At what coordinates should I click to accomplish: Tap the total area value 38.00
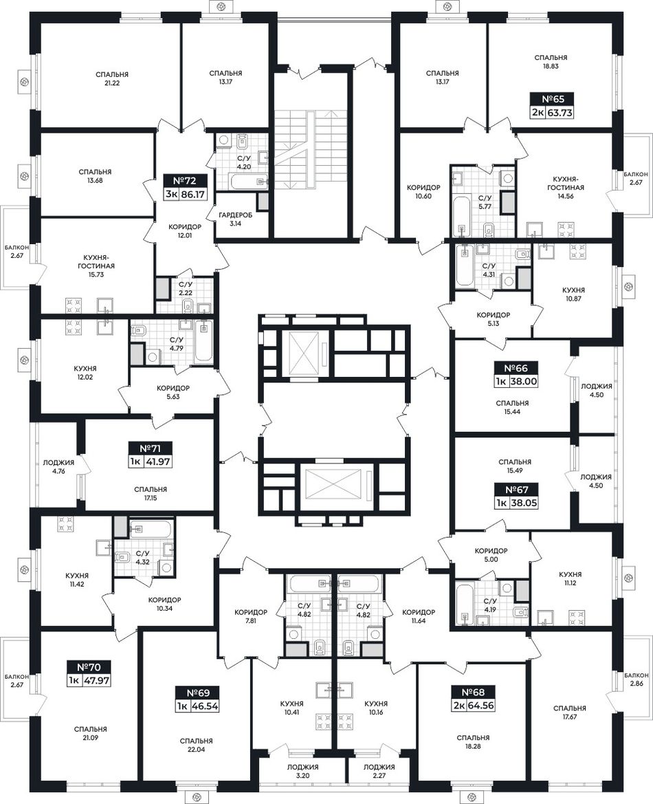[524, 381]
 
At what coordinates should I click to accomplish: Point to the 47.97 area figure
[96, 680]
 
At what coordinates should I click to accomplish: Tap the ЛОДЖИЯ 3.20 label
[302, 771]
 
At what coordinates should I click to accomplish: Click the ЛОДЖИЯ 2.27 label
[379, 771]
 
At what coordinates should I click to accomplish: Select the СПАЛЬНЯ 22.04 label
[197, 745]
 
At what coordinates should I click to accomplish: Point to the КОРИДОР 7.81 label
[251, 616]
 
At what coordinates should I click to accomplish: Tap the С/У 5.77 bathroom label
[486, 202]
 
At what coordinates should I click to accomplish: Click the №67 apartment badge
[517, 490]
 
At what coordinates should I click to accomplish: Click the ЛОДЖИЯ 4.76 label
[58, 466]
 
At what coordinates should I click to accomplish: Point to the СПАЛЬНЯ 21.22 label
[112, 78]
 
